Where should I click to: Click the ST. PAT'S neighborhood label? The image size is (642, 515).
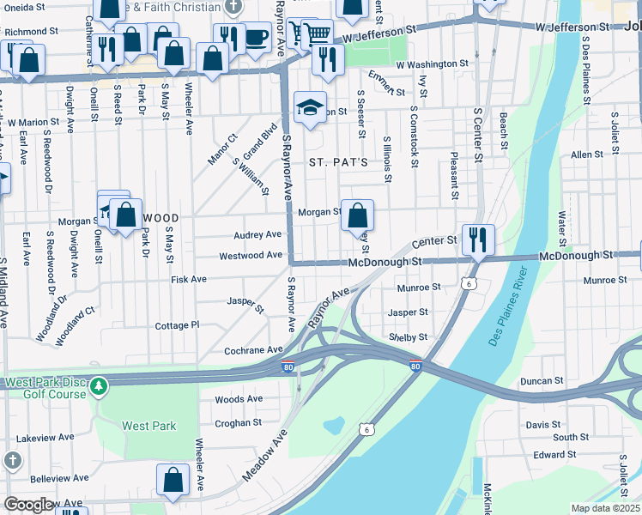click(x=338, y=162)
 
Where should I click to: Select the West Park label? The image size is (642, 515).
click(x=148, y=426)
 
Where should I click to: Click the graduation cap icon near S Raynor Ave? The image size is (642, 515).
click(x=310, y=107)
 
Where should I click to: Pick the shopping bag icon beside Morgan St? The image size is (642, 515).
click(x=357, y=215)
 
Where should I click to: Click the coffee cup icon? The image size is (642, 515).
click(x=256, y=37)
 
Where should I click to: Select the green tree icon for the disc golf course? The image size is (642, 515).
click(x=100, y=387)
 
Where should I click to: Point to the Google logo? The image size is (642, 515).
click(x=28, y=505)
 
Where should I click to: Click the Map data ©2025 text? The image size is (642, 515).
click(x=605, y=508)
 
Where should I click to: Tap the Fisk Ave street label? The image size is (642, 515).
click(x=189, y=279)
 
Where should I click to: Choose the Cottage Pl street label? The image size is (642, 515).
click(x=177, y=325)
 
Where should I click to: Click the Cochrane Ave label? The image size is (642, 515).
click(x=253, y=350)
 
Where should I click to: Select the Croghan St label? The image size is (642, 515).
click(x=238, y=422)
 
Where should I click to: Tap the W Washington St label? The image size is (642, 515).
click(x=432, y=64)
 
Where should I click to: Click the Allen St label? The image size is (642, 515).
click(x=587, y=154)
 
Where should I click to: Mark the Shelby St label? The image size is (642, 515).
click(x=408, y=337)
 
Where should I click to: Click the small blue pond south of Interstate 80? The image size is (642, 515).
click(x=332, y=425)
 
